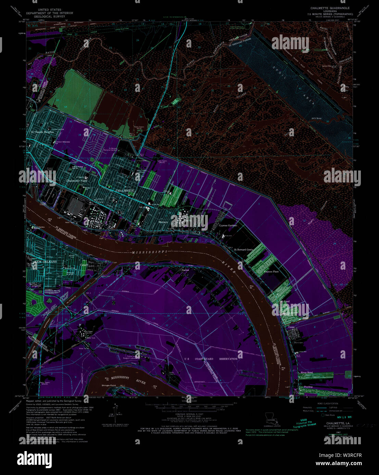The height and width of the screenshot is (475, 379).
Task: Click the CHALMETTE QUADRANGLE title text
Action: point(330,8)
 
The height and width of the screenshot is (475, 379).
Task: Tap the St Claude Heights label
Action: point(42,132)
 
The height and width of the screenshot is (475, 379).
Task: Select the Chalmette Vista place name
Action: point(77,181)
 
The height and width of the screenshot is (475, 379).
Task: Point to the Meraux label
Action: point(163,222)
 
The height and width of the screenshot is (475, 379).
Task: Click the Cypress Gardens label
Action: point(228,226)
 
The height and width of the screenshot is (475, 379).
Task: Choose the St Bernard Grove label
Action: point(243,250)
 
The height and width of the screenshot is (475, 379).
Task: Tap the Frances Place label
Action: point(271,272)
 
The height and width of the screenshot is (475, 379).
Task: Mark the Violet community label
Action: point(291,327)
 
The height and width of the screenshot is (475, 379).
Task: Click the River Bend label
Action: point(307,372)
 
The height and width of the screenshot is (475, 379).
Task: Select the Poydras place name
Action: point(308,387)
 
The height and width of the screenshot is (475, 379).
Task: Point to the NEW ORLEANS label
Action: point(45,262)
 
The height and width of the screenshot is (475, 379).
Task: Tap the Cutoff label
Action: point(84,265)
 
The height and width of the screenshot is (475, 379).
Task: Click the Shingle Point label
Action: point(109,385)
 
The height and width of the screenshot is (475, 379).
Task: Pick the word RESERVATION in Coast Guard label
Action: point(228,359)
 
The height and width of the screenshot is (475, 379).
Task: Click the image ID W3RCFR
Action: point(350,455)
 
